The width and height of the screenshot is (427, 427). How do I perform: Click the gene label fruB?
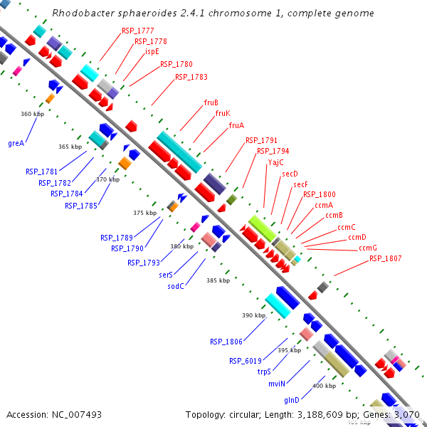211,102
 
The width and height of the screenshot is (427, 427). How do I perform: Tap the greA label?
16,143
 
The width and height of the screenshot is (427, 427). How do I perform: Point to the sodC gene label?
176,286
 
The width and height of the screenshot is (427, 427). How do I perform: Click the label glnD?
294,399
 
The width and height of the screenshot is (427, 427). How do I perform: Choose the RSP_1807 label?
385,258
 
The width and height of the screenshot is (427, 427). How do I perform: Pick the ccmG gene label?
368,248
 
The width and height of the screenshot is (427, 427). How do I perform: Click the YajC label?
276,162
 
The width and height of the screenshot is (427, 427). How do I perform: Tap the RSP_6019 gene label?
246,360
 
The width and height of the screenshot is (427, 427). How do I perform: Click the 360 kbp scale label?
32,114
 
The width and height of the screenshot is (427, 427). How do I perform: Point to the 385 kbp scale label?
218,280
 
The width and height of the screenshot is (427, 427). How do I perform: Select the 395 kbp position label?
289,350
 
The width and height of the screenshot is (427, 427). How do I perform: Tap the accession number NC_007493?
73,414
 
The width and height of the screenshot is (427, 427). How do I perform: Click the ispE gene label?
152,51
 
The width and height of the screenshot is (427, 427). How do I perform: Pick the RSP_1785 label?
80,206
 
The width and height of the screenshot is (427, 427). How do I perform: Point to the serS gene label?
167,274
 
